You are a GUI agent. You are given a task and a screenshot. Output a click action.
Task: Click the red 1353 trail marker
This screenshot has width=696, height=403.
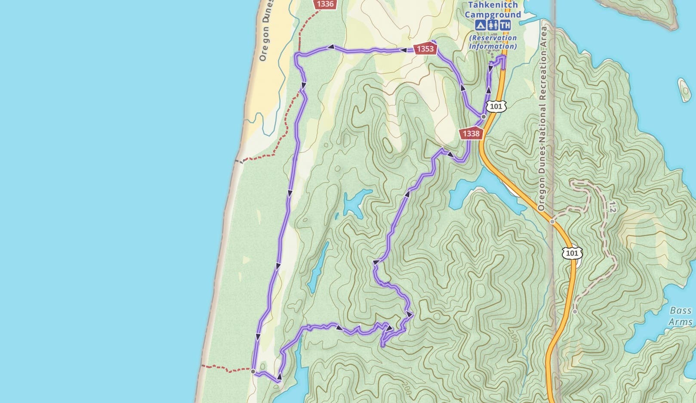pos(425,49)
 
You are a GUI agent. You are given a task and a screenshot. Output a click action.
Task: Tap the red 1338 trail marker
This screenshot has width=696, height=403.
pos(471,133)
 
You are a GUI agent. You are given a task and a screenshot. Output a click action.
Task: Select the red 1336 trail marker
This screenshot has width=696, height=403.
pos(324,4)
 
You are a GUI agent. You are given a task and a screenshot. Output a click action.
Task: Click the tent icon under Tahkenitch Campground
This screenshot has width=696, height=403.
pos(480,25)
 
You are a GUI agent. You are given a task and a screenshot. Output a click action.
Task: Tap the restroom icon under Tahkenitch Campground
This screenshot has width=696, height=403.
pos(493,25)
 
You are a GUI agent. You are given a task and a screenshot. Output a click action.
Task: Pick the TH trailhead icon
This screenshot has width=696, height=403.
pos(505,25)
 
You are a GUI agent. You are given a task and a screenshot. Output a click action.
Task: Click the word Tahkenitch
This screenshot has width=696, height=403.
pos(493,5)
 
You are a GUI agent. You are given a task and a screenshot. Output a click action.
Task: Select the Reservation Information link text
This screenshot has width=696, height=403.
pos(493,42)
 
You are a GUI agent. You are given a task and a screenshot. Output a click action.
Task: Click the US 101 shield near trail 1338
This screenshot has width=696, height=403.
pos(496,106)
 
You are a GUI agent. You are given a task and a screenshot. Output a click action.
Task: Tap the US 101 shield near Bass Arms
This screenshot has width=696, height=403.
pos(572,253)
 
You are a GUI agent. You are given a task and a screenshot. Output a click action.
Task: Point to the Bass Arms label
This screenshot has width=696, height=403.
pos(681,316)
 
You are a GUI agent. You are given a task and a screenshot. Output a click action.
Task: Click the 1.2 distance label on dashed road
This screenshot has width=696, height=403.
pos(611,207)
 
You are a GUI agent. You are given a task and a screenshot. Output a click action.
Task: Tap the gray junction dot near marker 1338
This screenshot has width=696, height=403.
pos(484,117)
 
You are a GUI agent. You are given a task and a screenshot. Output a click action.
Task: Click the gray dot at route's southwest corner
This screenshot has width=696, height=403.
pos(253,371)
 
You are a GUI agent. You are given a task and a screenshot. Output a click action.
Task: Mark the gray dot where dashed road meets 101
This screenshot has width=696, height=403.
pos(552,222)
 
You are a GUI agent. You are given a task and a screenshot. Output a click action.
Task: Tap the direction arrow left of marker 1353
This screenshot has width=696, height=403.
pos(404,50)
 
